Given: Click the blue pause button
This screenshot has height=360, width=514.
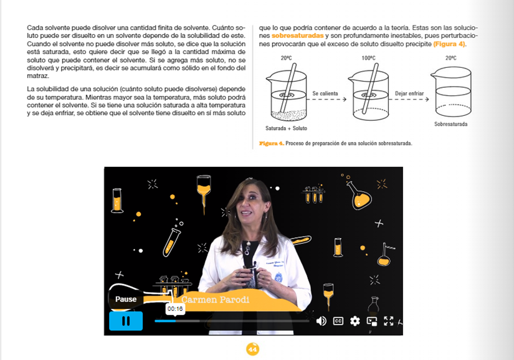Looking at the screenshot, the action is [126, 321].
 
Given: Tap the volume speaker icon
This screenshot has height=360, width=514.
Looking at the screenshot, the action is [321, 321].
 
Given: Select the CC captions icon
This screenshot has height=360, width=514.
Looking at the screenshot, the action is [338, 321].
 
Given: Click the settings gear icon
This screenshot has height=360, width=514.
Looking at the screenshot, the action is [355, 321].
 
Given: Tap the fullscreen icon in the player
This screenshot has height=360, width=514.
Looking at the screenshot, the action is [388, 321].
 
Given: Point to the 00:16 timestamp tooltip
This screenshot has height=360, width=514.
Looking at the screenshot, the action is [175, 308].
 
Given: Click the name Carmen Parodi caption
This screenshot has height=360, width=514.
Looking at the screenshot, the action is [215, 300].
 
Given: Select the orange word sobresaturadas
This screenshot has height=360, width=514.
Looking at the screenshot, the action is [298, 36].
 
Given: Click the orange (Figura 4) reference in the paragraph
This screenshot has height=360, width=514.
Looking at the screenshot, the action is [449, 44].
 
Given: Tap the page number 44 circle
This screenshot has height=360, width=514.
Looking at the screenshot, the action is [252, 349].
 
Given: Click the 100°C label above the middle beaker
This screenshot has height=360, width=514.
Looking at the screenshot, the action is [368, 58].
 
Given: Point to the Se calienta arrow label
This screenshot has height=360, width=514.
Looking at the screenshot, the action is [325, 93].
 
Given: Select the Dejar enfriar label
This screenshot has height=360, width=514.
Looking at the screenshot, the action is [409, 93].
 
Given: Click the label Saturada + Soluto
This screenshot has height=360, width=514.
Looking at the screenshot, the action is [286, 128].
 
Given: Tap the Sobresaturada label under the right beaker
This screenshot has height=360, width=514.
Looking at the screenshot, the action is [450, 124].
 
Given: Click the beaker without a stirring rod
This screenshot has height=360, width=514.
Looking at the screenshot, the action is [452, 92].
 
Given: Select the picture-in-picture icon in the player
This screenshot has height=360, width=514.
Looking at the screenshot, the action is [372, 321].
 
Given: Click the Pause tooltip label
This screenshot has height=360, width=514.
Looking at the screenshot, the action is [126, 299].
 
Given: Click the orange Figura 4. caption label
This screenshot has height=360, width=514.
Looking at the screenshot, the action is [272, 143].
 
